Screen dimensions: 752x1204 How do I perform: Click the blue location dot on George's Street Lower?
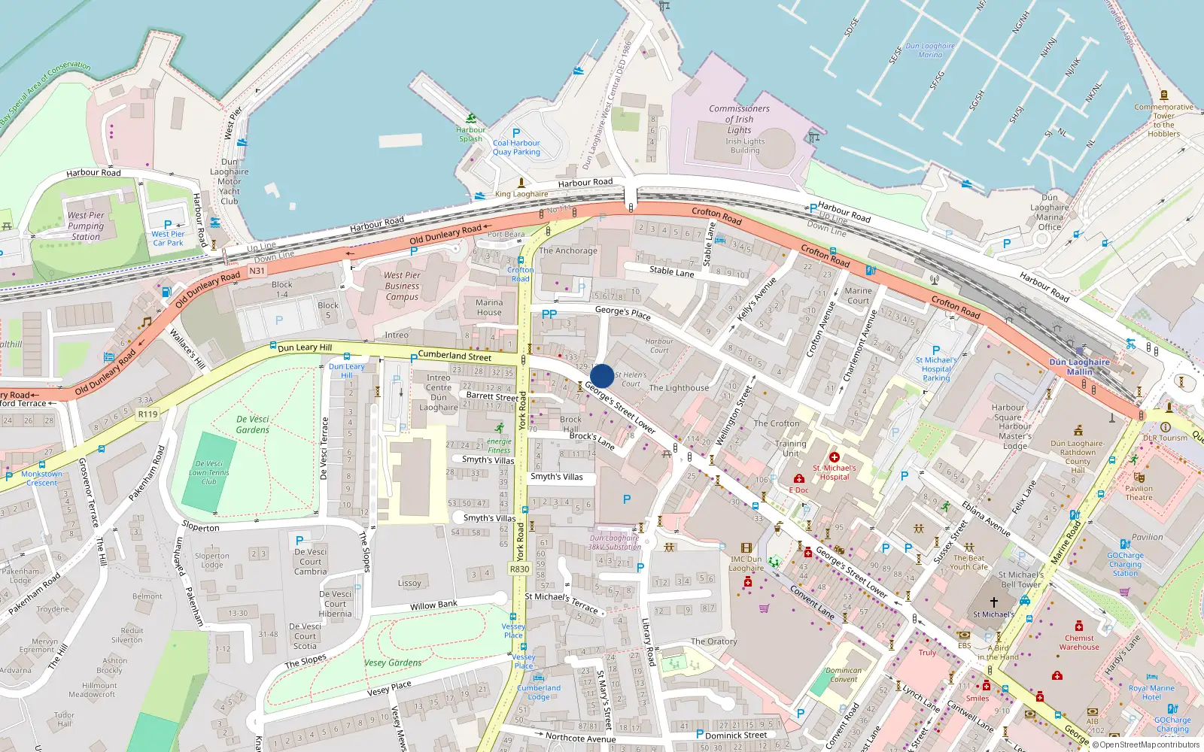pos(602,376)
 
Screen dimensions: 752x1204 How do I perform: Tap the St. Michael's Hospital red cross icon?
pos(834,457)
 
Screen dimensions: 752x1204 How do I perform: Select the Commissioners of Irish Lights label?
pos(739,119)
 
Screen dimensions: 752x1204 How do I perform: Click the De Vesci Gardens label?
pos(253,424)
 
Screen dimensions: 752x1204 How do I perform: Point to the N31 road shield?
pos(257,271)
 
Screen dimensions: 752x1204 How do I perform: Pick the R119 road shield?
pos(147,414)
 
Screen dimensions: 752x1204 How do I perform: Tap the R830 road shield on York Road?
pos(520,569)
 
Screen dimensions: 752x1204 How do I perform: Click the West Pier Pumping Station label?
pos(86,226)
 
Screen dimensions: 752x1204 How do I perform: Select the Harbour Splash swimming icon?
pos(471,118)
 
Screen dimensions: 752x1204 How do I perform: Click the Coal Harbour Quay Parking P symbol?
pos(516,133)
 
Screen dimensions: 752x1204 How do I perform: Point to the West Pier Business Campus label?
pos(402,286)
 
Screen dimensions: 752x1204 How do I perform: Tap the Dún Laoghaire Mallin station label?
pos(1079,366)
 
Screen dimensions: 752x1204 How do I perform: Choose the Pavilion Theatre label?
pos(1139,493)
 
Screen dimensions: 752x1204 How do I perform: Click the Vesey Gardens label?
pos(393,663)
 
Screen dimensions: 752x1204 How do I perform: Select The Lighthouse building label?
pos(679,388)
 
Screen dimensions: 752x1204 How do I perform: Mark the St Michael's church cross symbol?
pos(993,602)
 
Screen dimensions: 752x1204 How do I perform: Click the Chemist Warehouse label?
pos(1079,642)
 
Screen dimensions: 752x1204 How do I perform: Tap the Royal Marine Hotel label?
pos(1151,692)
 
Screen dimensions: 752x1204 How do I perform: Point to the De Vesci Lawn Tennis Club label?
pos(209,472)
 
